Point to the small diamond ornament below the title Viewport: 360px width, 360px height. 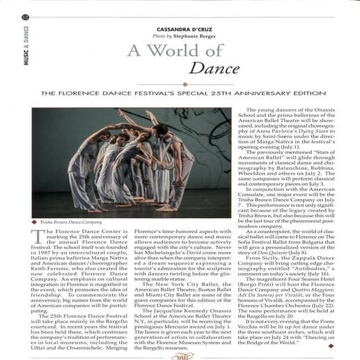coord(183,84)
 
